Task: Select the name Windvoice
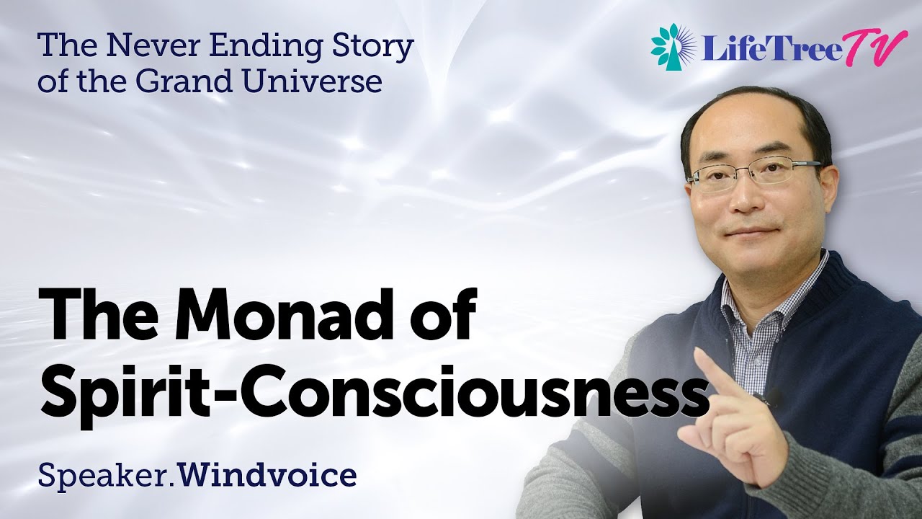point(268,475)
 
